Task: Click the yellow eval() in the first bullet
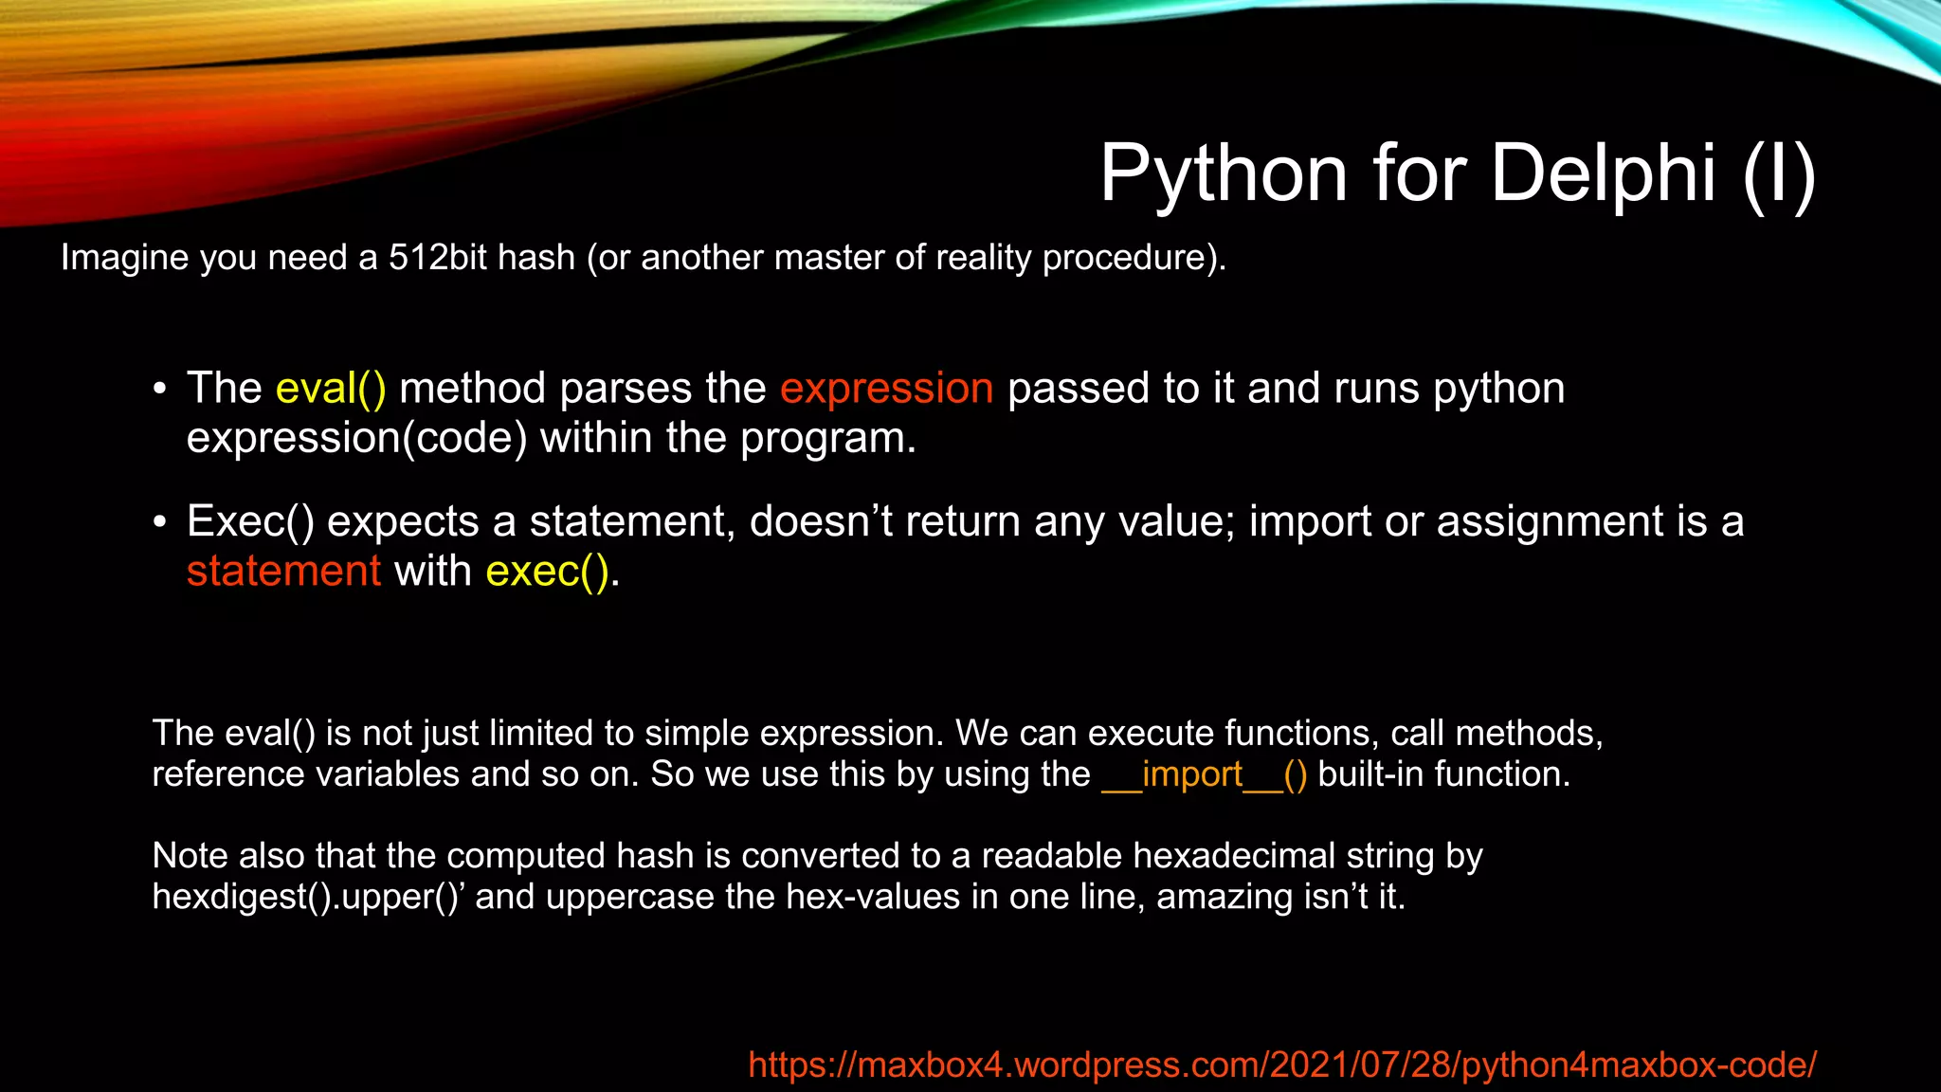click(331, 389)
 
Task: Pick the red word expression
click(886, 389)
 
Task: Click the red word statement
click(283, 572)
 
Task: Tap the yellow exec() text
click(547, 572)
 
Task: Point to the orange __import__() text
click(1204, 775)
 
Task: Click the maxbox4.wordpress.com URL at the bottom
click(1281, 1065)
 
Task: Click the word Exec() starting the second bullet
click(250, 522)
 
